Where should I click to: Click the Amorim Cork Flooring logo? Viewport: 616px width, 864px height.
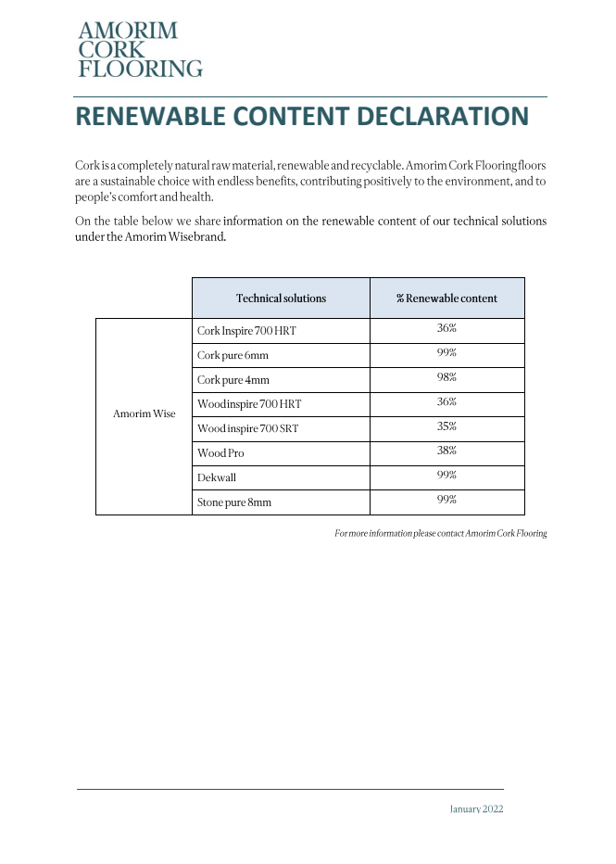pyautogui.click(x=140, y=49)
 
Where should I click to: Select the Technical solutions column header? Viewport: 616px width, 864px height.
pyautogui.click(x=281, y=299)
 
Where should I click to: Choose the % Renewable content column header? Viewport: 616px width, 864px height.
pyautogui.click(x=446, y=299)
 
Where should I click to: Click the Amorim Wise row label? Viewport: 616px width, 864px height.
pyautogui.click(x=144, y=413)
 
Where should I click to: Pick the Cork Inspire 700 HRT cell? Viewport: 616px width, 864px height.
pyautogui.click(x=246, y=331)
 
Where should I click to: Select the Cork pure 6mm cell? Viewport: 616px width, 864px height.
pyautogui.click(x=233, y=355)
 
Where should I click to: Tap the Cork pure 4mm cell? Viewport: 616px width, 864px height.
pyautogui.click(x=233, y=380)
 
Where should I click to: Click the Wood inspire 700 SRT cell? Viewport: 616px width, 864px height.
pyautogui.click(x=247, y=429)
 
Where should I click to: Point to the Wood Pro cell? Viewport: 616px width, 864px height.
pyautogui.click(x=220, y=453)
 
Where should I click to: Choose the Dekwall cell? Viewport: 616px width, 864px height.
pyautogui.click(x=217, y=477)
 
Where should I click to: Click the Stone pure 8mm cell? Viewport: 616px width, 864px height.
pyautogui.click(x=234, y=502)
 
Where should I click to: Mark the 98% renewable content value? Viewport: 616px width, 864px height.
pyautogui.click(x=446, y=377)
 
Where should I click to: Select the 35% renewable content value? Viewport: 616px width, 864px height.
pyautogui.click(x=446, y=426)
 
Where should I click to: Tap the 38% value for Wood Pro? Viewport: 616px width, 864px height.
pyautogui.click(x=446, y=451)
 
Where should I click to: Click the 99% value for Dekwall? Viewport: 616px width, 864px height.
pyautogui.click(x=446, y=475)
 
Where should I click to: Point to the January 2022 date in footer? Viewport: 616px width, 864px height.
pyautogui.click(x=476, y=808)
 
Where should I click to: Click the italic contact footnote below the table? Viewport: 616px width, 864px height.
pyautogui.click(x=440, y=533)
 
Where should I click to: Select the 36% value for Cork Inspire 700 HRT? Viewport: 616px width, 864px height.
pyautogui.click(x=446, y=328)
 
